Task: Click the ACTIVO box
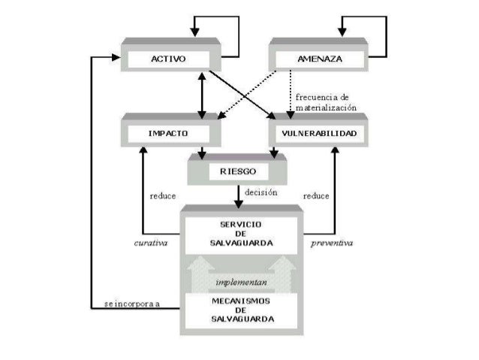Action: [x=169, y=58]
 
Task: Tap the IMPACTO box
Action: [x=169, y=133]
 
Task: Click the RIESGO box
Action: [x=238, y=171]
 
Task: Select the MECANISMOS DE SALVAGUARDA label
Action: [x=241, y=310]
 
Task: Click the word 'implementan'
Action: [x=240, y=282]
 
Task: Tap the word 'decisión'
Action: [x=261, y=193]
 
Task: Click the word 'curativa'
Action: [x=150, y=244]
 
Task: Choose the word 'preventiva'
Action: [x=332, y=244]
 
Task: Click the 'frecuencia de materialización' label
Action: [x=322, y=102]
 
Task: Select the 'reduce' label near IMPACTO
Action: [x=163, y=196]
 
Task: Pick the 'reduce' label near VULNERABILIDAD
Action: [x=316, y=196]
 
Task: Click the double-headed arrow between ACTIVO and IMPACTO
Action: [x=201, y=94]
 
